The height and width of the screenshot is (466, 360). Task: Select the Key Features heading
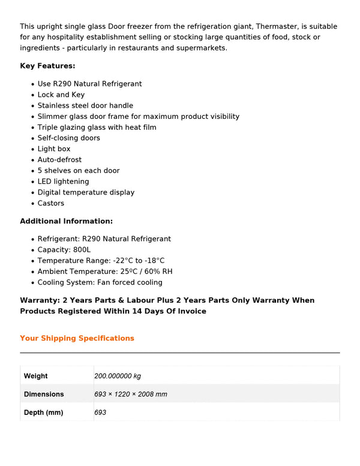tap(47, 66)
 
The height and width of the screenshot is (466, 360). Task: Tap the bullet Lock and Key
tap(61, 95)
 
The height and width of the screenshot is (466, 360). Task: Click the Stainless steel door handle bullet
tap(85, 106)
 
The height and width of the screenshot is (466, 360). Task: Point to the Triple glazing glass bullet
tap(97, 127)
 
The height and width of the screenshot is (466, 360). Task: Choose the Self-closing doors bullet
tap(68, 138)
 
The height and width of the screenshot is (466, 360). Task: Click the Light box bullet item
tap(54, 149)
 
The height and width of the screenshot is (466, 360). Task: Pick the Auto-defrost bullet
tap(59, 160)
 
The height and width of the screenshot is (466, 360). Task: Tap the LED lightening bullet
tap(63, 181)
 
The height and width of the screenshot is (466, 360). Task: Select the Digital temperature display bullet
tap(86, 192)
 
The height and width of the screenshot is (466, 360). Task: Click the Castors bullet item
tap(50, 203)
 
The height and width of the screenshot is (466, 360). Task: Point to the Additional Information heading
tap(66, 221)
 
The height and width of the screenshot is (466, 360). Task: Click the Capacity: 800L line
tap(64, 250)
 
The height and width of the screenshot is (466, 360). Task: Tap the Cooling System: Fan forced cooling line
tap(100, 282)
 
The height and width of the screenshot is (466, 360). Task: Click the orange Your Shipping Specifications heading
tap(77, 338)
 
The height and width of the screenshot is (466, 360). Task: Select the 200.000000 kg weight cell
tap(118, 376)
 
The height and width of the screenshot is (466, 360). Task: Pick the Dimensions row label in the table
tap(44, 395)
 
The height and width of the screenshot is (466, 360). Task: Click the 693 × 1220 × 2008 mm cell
tap(131, 395)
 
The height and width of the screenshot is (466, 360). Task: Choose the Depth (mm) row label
tap(43, 413)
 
